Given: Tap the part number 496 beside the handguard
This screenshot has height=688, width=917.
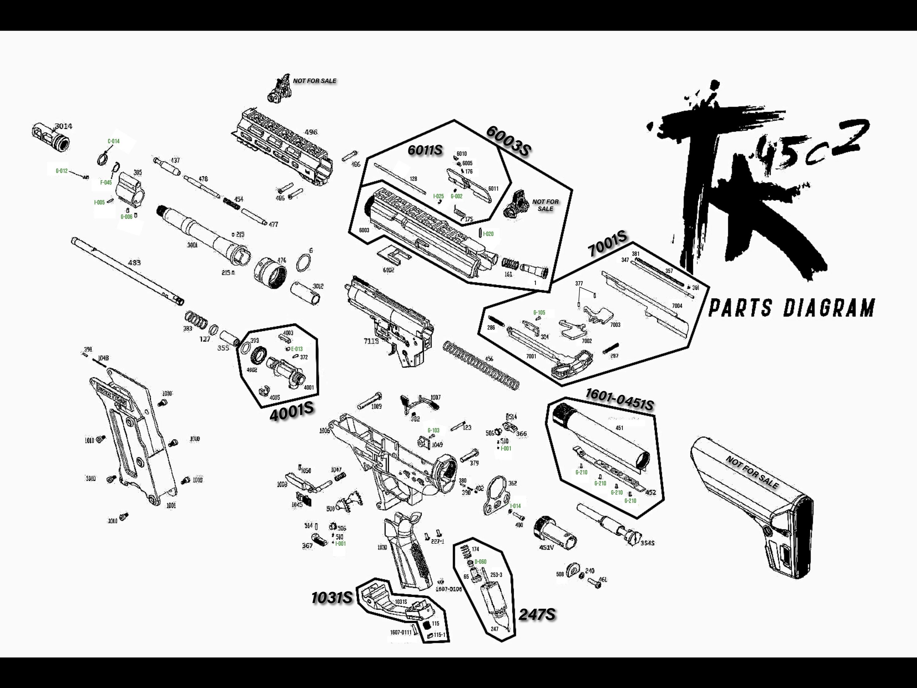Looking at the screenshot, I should pos(311,132).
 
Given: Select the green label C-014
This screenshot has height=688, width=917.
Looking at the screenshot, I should pos(114,141).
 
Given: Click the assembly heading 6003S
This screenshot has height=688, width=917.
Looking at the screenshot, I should pos(508,141).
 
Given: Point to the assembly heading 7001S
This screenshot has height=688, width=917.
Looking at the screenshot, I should pos(608,244).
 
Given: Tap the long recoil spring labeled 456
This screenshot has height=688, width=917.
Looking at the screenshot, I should pos(481,365).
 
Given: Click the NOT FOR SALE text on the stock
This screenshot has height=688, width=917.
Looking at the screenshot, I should pos(752,472).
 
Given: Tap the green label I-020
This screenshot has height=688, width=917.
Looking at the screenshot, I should pos(488,234).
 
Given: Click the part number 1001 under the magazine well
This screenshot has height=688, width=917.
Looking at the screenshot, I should pos(171,506).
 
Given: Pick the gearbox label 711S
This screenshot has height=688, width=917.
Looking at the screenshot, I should pos(371,341).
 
